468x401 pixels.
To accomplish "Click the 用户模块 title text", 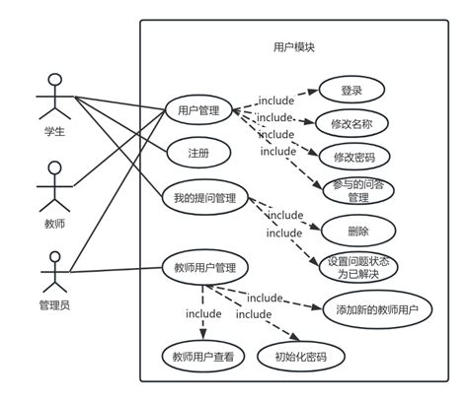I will click(x=293, y=47).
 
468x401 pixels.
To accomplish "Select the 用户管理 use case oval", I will click(x=198, y=110).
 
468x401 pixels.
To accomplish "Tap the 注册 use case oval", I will click(x=197, y=154).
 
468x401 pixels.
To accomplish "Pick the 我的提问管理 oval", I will click(x=204, y=198).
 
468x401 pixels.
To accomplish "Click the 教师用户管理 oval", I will click(x=204, y=267).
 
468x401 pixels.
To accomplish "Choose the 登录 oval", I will click(x=351, y=91).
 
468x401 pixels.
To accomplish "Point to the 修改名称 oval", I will click(x=351, y=124).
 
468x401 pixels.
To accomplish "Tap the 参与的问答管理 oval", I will click(x=357, y=191).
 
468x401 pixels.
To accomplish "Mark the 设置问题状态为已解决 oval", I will click(x=363, y=269).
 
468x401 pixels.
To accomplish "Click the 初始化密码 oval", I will click(x=291, y=357).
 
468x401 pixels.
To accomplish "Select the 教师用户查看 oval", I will click(x=201, y=357).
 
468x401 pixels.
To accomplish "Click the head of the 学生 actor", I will click(x=55, y=79).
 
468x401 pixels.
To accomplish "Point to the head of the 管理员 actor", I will click(x=55, y=260).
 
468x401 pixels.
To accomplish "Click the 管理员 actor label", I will click(x=55, y=304).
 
